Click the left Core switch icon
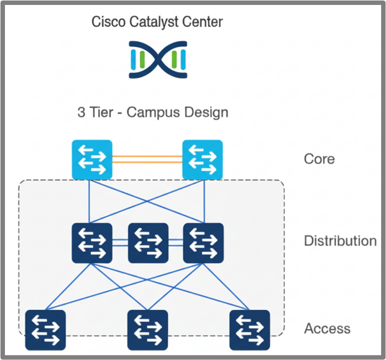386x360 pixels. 92,160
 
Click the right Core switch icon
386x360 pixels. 202,160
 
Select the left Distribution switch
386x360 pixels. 92,242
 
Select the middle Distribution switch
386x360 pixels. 148,242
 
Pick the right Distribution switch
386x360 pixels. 203,242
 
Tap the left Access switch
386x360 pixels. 45,330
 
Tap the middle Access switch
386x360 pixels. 148,330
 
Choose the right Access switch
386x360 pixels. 250,330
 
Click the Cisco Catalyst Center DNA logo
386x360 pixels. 157,60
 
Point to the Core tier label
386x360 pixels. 319,159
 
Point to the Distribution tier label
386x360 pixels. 340,241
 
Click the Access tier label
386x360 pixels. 327,328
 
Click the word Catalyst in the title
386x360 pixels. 154,22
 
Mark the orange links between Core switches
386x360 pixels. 147,159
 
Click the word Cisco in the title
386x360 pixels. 108,22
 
